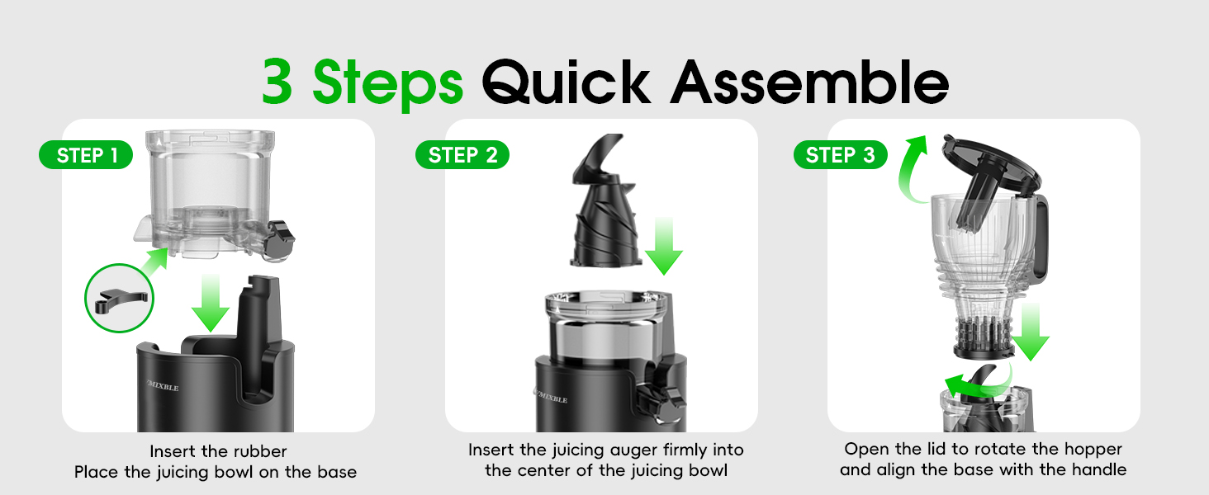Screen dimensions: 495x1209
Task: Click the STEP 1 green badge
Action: tap(86, 155)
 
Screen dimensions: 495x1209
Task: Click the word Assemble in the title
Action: tap(808, 82)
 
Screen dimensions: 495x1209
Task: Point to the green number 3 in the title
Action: tap(281, 82)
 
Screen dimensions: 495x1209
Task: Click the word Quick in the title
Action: tap(567, 82)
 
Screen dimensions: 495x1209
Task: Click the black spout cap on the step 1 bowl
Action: tap(282, 240)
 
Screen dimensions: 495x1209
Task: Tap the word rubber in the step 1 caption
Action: tap(259, 451)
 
